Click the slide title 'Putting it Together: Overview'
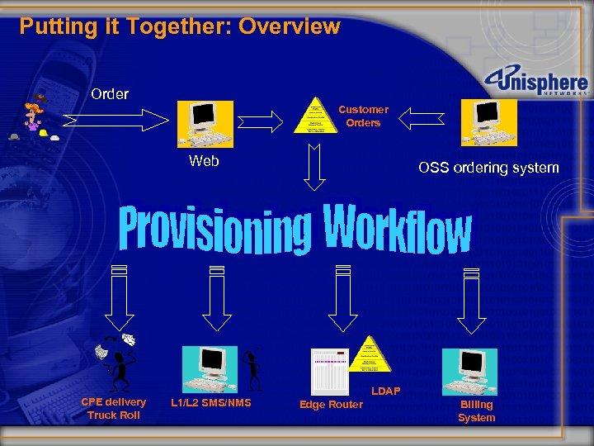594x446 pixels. (180, 26)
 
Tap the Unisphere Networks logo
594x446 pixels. (536, 83)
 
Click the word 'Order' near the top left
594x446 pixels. (110, 94)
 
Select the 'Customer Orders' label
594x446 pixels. (363, 116)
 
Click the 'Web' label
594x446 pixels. (204, 161)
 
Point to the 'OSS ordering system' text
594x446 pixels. (488, 168)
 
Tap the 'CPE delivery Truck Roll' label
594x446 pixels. (113, 408)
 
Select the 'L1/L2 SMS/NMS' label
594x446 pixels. (211, 402)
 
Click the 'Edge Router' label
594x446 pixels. (331, 404)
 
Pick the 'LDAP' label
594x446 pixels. (385, 390)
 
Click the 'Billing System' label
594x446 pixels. (476, 410)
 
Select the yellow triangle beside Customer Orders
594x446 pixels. (314, 116)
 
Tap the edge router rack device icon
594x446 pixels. (328, 371)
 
